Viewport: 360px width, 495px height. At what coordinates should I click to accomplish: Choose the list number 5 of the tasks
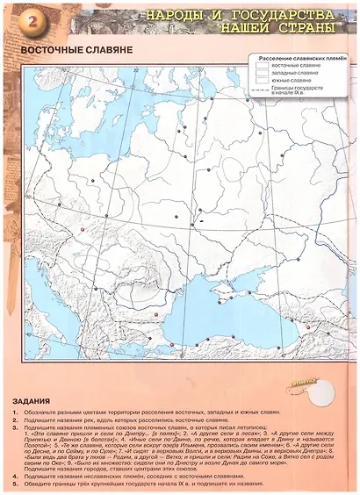click(x=16, y=483)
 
